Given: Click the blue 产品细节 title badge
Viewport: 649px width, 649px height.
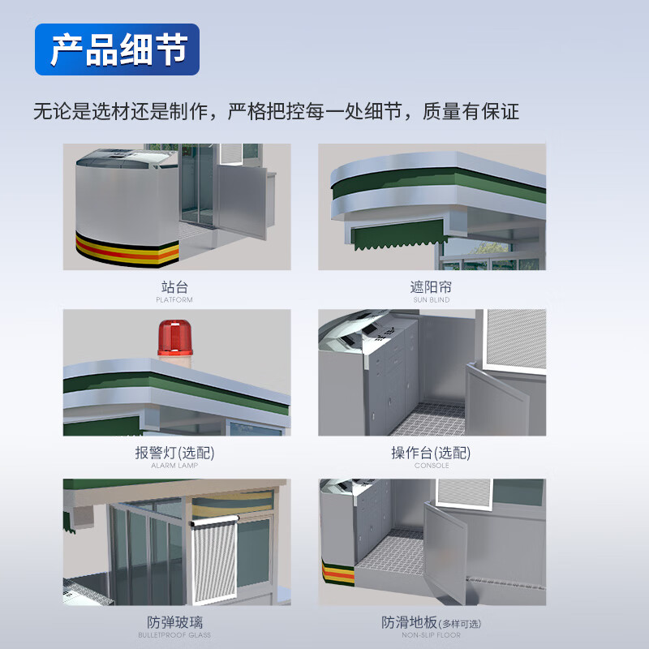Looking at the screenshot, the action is pyautogui.click(x=117, y=49).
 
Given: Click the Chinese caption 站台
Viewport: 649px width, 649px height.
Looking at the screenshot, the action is pyautogui.click(x=174, y=287).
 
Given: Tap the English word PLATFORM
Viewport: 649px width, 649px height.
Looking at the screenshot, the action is pyautogui.click(x=174, y=299).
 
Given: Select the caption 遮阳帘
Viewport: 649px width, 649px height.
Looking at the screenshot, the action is pyautogui.click(x=431, y=287).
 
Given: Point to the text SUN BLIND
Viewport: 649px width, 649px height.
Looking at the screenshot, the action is pyautogui.click(x=432, y=299).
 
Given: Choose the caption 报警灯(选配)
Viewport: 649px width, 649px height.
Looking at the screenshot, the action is pyautogui.click(x=174, y=453).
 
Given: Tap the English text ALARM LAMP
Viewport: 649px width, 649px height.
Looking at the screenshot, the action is pyautogui.click(x=174, y=466).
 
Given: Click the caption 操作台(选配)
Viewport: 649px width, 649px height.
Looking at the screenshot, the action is pyautogui.click(x=431, y=453).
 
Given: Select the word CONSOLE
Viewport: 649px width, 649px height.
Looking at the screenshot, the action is pyautogui.click(x=432, y=466).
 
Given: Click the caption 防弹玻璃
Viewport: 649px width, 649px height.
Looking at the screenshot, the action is pyautogui.click(x=174, y=622).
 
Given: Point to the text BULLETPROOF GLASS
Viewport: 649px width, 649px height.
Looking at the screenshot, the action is pyautogui.click(x=174, y=635).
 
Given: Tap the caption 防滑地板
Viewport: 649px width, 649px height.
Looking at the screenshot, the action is pyautogui.click(x=409, y=622).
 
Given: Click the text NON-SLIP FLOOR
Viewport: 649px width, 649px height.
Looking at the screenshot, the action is pyautogui.click(x=431, y=635).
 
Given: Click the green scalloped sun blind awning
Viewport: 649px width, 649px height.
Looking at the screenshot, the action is pyautogui.click(x=398, y=235).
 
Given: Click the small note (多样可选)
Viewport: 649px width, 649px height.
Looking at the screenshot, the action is pyautogui.click(x=460, y=624).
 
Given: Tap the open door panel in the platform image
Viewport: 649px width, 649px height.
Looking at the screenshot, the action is pyautogui.click(x=242, y=201).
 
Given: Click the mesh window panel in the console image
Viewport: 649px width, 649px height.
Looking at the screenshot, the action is pyautogui.click(x=516, y=339).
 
